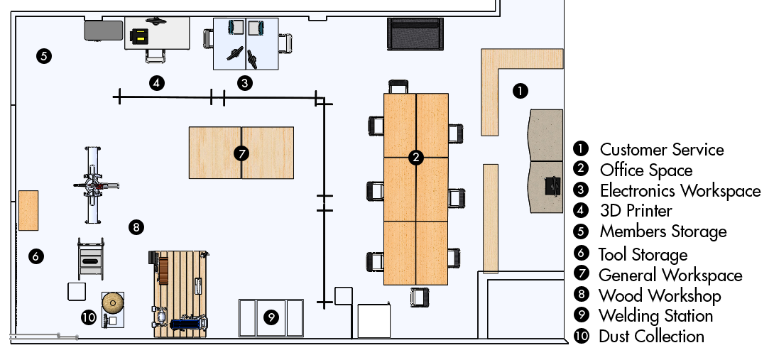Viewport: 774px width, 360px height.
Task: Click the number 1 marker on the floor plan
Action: pos(520,91)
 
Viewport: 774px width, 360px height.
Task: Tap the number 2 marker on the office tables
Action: pos(417,158)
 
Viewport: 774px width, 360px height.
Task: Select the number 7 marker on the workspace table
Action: pos(241,153)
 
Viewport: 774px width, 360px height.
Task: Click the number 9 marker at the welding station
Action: pos(271,317)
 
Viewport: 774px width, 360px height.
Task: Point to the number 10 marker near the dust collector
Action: pos(88,317)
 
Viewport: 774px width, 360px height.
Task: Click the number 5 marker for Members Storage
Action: pos(43,56)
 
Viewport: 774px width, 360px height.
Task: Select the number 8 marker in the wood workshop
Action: pos(137,227)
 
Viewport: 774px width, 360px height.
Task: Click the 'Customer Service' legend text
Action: pos(661,150)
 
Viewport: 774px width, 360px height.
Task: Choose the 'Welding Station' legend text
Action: pos(655,316)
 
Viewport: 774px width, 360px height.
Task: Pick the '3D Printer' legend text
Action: pos(636,211)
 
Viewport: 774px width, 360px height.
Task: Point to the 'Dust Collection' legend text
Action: pos(651,337)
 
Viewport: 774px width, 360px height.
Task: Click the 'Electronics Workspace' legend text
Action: pos(680,191)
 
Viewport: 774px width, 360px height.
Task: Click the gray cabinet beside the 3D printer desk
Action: pos(103,31)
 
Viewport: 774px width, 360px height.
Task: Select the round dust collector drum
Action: pos(113,303)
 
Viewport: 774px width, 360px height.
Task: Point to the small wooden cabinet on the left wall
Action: pos(28,210)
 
